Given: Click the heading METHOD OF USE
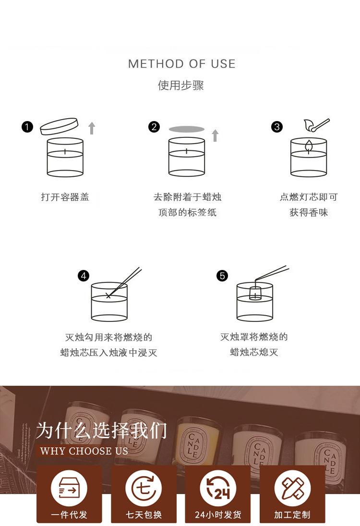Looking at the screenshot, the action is tap(181, 64).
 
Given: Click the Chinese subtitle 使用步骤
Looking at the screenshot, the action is tap(180, 85).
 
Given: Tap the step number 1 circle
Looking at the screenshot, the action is tap(27, 127).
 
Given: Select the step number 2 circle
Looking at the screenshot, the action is tap(154, 127).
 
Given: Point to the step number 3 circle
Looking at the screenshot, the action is tap(277, 127).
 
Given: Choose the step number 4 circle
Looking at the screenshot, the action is tap(84, 276).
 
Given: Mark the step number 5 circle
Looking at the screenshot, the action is tap(222, 276).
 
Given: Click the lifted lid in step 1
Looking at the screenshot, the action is tap(60, 126).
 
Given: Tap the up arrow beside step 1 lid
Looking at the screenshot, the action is tap(92, 128).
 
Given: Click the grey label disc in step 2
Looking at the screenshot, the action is tap(187, 129).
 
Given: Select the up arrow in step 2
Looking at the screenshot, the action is tap(215, 135).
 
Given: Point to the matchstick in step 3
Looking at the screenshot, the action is tap(320, 124).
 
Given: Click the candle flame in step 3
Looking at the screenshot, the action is tap(309, 146).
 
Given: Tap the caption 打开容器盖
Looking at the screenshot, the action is tap(65, 197).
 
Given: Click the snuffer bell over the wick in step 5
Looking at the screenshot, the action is tap(255, 293).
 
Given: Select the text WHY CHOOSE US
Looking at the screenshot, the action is tap(84, 451).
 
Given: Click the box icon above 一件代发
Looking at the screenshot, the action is tap(69, 488).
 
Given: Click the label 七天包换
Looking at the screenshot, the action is tap(144, 514).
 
